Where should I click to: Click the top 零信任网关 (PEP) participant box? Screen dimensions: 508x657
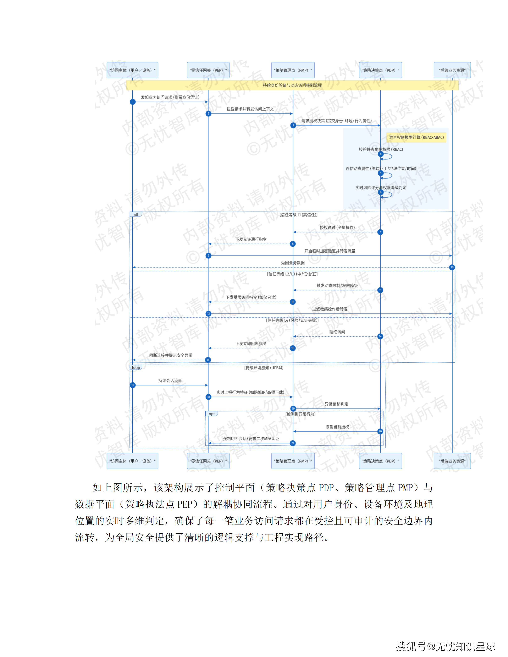pyautogui.click(x=208, y=70)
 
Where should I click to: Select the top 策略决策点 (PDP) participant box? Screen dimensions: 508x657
pyautogui.click(x=380, y=70)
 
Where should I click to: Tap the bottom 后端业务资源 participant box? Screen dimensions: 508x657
pyautogui.click(x=452, y=461)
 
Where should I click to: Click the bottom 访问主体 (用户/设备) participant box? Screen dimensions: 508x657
pyautogui.click(x=132, y=461)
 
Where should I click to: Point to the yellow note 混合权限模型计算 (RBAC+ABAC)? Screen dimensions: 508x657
pyautogui.click(x=416, y=137)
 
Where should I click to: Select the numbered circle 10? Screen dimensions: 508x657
pyautogui.click(x=452, y=267)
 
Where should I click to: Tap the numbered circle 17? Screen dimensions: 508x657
pyautogui.click(x=133, y=385)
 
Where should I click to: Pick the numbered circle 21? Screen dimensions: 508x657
pyautogui.click(x=293, y=443)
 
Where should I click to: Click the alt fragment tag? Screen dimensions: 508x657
pyautogui.click(x=136, y=214)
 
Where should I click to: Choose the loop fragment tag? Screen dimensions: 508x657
pyautogui.click(x=136, y=368)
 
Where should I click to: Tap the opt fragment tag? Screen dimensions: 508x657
pyautogui.click(x=212, y=414)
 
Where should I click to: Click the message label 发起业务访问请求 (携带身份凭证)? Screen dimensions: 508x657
pyautogui.click(x=170, y=97)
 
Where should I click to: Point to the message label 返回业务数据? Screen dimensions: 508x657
pyautogui.click(x=293, y=263)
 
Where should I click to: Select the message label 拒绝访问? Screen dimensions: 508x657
pyautogui.click(x=337, y=332)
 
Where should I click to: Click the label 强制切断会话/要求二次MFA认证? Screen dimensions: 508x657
pyautogui.click(x=251, y=439)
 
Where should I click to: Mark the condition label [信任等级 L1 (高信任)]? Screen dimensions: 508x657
pyautogui.click(x=298, y=215)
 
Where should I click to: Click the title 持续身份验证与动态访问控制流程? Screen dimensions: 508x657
pyautogui.click(x=292, y=85)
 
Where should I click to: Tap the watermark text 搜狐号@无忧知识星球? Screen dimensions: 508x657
pyautogui.click(x=445, y=646)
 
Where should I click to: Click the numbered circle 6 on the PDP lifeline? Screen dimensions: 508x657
pyautogui.click(x=380, y=192)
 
